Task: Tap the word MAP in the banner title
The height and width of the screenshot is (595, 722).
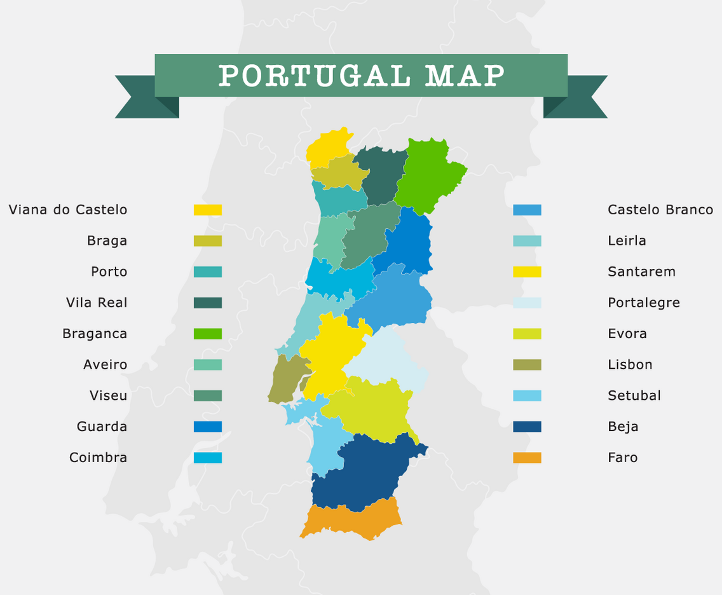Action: click(x=465, y=76)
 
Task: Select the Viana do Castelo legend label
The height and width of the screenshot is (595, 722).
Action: click(x=68, y=210)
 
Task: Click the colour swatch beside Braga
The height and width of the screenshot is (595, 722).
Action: click(x=208, y=241)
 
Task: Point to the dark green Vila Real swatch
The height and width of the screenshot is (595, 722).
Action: click(x=208, y=303)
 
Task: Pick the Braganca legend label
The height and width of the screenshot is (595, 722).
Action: click(x=95, y=334)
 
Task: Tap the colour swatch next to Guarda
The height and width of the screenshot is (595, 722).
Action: click(x=208, y=427)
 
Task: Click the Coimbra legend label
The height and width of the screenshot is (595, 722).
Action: click(x=99, y=458)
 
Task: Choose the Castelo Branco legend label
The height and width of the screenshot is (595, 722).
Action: click(x=660, y=210)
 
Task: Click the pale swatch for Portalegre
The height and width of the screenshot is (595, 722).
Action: click(x=527, y=303)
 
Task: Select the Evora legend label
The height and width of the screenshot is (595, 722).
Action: click(x=627, y=334)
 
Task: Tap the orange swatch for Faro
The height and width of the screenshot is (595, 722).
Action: click(x=527, y=458)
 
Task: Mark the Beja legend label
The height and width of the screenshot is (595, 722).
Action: click(x=623, y=427)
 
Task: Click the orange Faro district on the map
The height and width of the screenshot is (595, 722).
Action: click(x=353, y=520)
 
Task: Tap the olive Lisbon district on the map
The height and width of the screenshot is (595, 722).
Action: click(x=283, y=378)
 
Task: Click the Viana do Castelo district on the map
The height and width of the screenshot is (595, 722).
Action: click(x=327, y=146)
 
